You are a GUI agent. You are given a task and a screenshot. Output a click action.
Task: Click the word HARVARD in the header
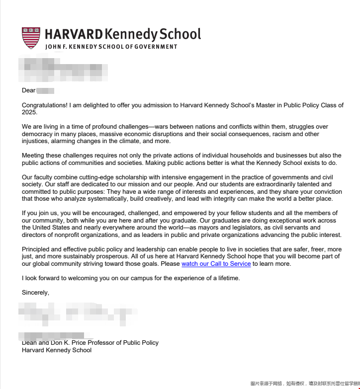pos(74,34)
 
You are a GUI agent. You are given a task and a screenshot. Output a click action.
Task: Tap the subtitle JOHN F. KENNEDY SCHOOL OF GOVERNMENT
pos(111,47)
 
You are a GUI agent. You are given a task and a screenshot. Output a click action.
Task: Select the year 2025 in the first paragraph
pos(29,112)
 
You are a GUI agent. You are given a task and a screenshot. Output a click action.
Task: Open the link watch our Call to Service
pos(216,264)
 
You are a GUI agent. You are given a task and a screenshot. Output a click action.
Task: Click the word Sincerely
pos(35,293)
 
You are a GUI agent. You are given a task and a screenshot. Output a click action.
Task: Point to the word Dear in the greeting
pos(28,90)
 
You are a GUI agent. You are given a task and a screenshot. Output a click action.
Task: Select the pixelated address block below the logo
pos(62,70)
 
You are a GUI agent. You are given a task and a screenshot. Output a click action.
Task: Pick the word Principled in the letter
pos(37,249)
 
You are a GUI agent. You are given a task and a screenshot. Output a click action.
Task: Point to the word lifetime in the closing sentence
pos(227,278)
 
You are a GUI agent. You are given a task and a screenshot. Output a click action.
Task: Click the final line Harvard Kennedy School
pos(57,350)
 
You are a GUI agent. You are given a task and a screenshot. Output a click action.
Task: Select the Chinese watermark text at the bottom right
pos(304,384)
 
